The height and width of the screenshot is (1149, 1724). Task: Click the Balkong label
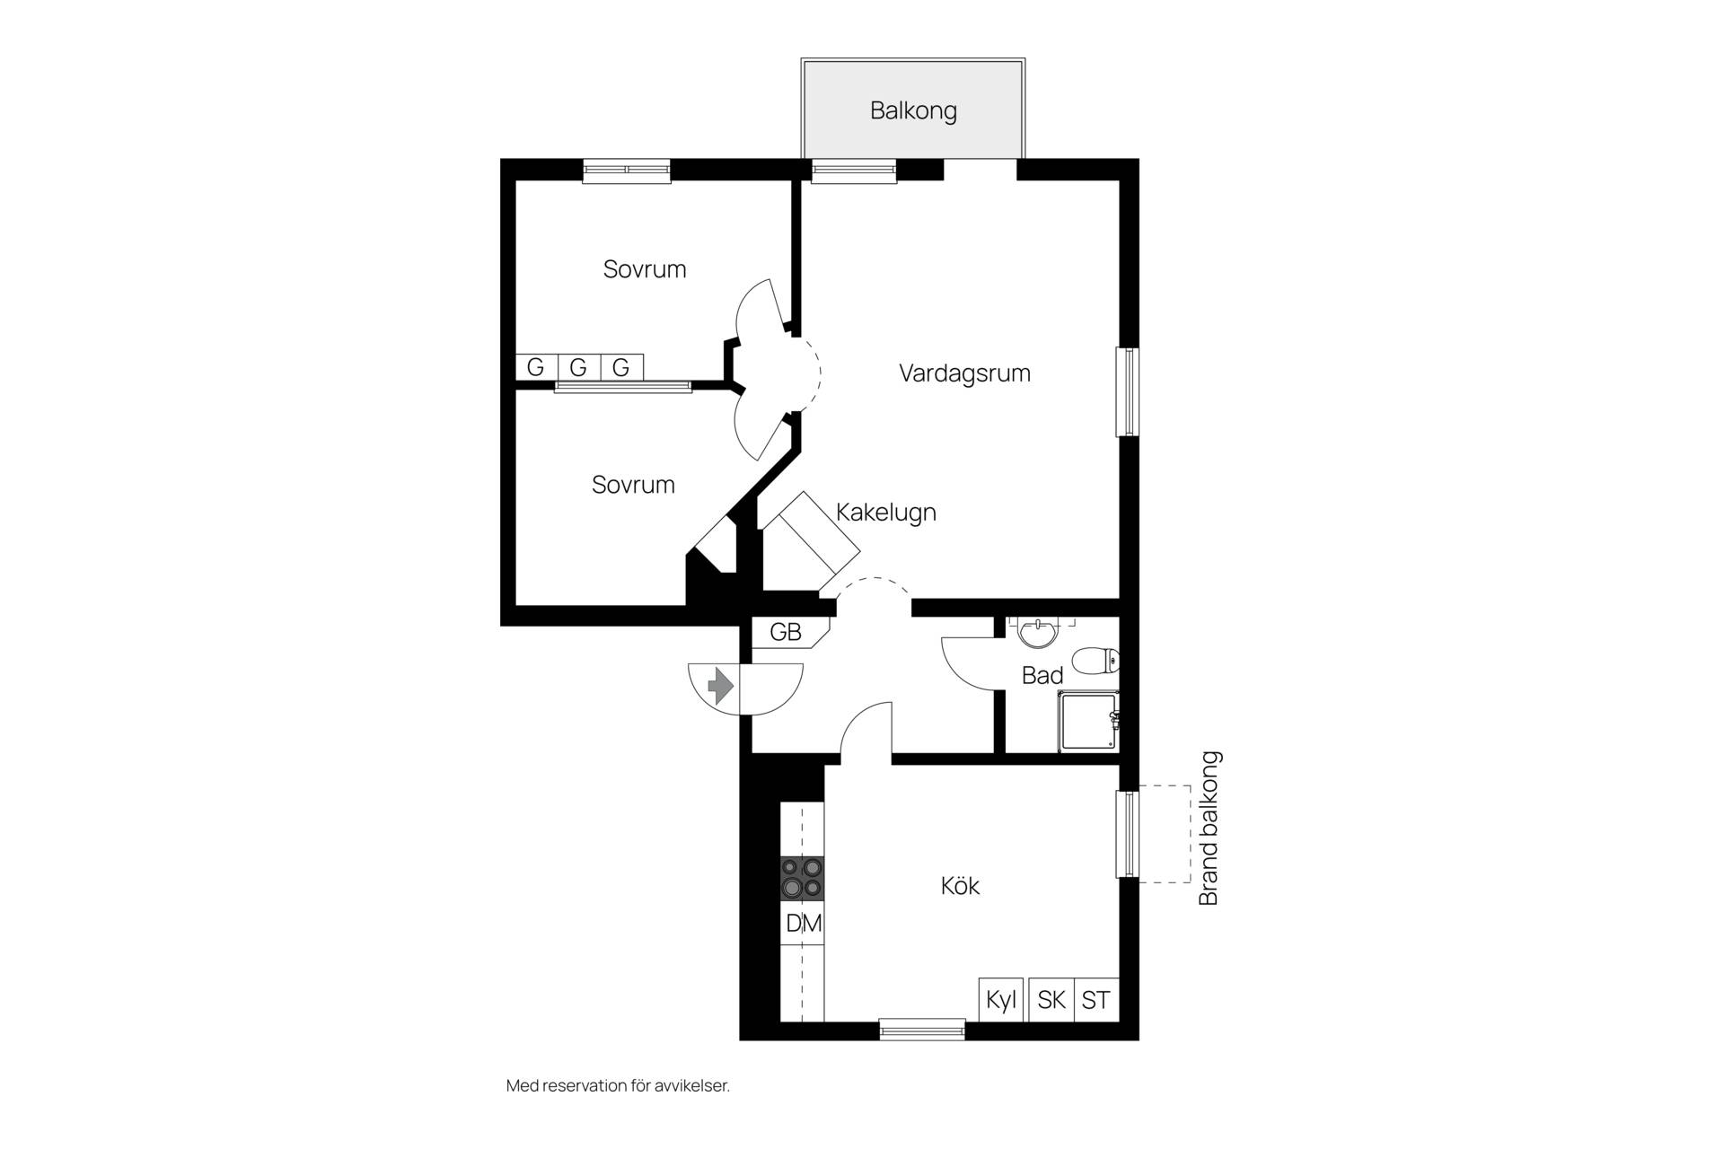coord(913,111)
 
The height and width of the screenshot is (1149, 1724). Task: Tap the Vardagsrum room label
coord(964,373)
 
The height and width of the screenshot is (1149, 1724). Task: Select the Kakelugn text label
coord(886,513)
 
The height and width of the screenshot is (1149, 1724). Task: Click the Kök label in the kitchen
coord(960,886)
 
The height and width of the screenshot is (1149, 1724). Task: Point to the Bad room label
coord(1042,675)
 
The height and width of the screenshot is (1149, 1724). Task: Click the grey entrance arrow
coord(720,688)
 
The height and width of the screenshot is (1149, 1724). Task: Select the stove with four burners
coord(802,877)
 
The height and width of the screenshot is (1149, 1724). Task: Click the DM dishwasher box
coord(803,923)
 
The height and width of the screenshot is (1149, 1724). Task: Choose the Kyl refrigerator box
coord(1000,999)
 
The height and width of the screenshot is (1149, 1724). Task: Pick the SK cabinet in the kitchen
coord(1051,999)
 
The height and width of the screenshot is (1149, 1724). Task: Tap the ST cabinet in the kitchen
coord(1096,999)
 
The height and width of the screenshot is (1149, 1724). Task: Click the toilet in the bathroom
coord(1096,662)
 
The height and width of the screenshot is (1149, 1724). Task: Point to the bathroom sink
coord(1039,633)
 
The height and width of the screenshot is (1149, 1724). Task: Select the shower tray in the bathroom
coord(1088,721)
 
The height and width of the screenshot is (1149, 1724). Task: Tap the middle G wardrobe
coord(578,366)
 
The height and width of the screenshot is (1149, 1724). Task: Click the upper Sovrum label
coord(645,269)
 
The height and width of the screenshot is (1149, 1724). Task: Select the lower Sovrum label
coord(633,485)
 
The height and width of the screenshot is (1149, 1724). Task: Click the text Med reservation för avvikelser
coord(618,1085)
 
